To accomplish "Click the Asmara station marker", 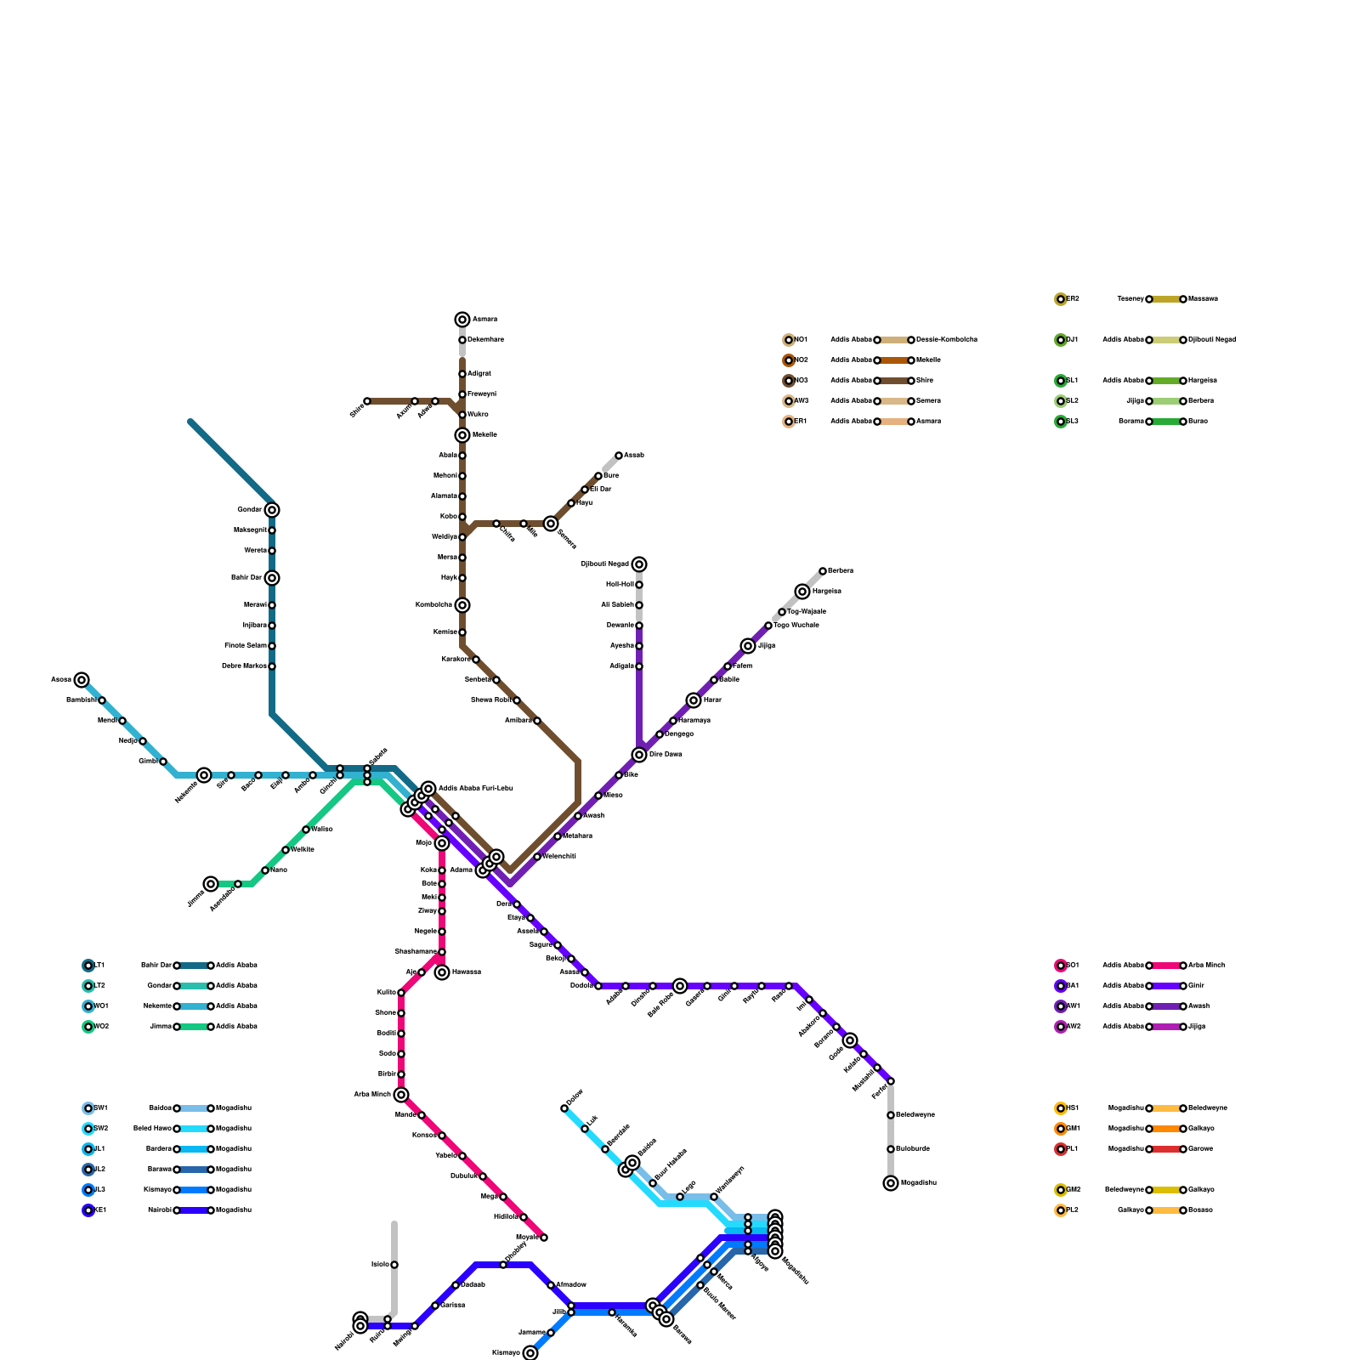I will (462, 320).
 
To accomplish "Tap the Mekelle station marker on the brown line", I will (462, 435).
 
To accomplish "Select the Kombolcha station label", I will (433, 605).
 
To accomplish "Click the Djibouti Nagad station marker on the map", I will (639, 564).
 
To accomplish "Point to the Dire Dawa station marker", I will (639, 755).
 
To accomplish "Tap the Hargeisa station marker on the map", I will (802, 592).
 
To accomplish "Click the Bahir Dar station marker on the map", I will (272, 578).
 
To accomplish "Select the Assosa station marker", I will (82, 680).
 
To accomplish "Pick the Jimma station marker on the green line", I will (211, 884).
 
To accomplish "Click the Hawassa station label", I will (467, 972).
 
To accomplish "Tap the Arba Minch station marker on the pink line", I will (401, 1095).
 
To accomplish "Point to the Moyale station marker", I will (544, 1238).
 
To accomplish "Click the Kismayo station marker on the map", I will (530, 1353).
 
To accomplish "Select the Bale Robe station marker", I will (680, 986).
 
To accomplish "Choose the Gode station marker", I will (850, 1040).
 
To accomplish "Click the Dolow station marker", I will (564, 1108).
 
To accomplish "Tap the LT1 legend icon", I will (88, 966).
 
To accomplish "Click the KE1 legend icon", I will (88, 1210).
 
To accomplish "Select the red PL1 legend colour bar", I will (1166, 1149).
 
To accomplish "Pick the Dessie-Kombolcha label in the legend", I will (946, 340).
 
